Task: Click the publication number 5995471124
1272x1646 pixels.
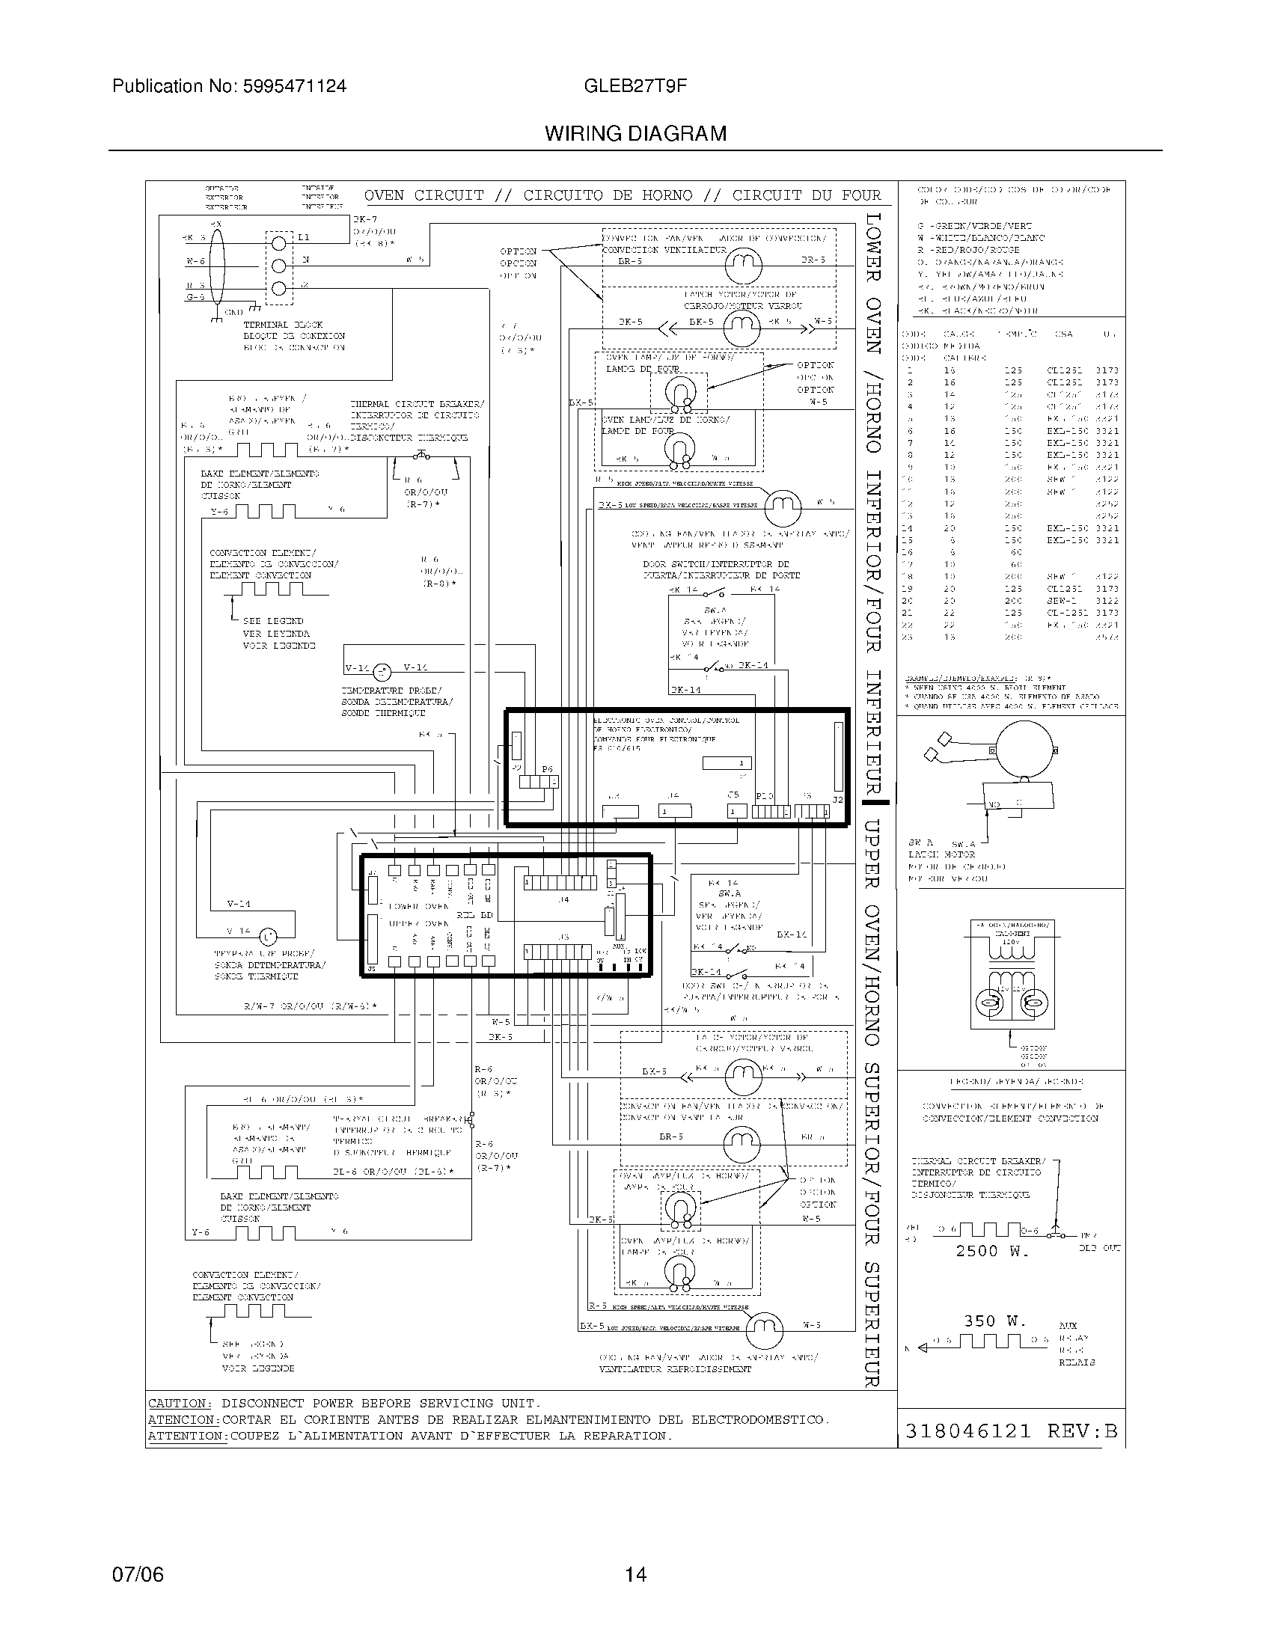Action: [x=295, y=86]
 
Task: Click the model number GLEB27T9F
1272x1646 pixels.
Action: [x=635, y=86]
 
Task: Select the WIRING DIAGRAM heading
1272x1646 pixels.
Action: [x=635, y=134]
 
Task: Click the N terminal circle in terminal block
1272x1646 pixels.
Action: [x=279, y=266]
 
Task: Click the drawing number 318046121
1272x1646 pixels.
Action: [x=967, y=1431]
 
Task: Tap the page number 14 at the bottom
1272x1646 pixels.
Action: [x=635, y=1574]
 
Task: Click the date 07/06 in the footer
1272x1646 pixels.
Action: [x=138, y=1574]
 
